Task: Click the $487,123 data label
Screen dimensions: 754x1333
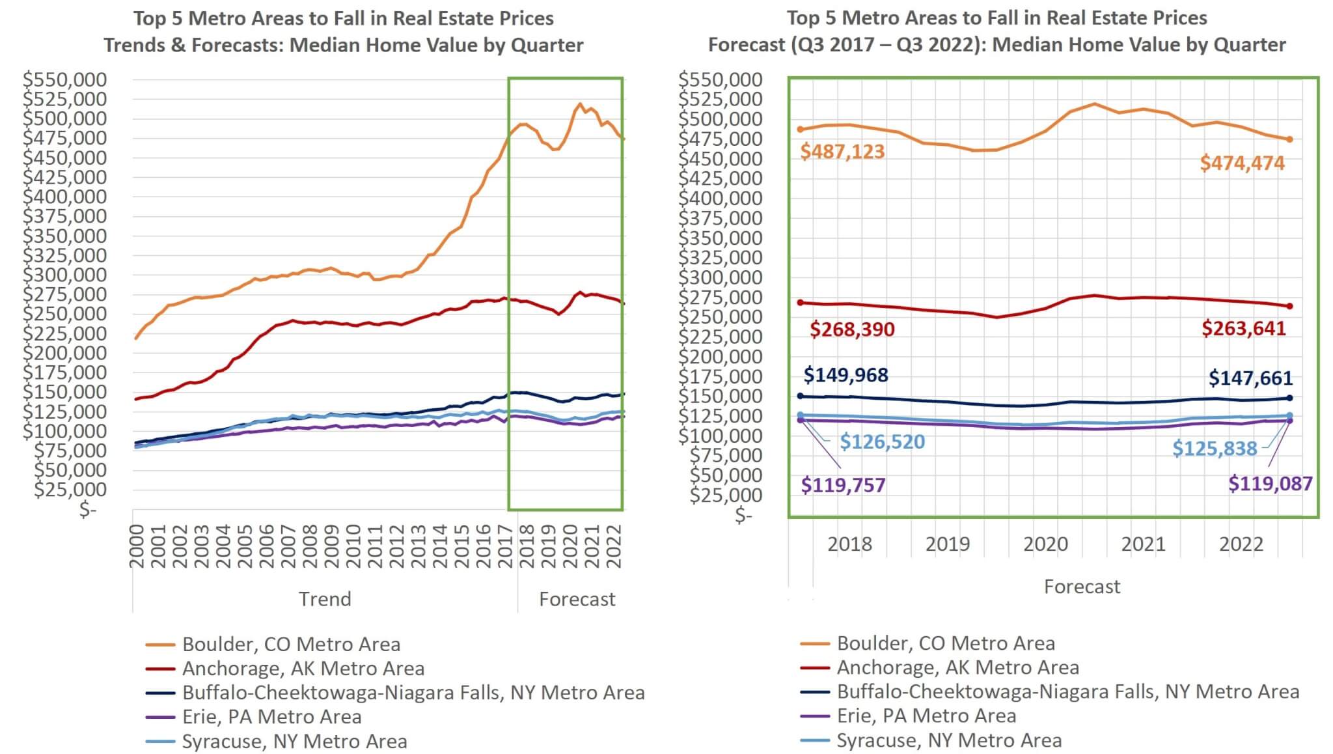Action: pyautogui.click(x=842, y=152)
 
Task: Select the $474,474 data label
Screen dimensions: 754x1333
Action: pyautogui.click(x=1242, y=163)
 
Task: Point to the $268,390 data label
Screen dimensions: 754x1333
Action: pyautogui.click(x=852, y=329)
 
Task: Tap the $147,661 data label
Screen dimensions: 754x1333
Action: pyautogui.click(x=1250, y=378)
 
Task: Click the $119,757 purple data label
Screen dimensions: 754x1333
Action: pyautogui.click(x=843, y=485)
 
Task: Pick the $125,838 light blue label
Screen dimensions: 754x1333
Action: pyautogui.click(x=1215, y=449)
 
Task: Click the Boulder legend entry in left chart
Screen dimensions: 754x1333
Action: pyautogui.click(x=291, y=644)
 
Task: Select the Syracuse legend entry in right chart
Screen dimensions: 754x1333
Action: pyautogui.click(x=949, y=740)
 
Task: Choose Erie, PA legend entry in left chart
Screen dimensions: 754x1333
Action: pyautogui.click(x=271, y=717)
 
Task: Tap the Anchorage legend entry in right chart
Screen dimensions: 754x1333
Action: pyautogui.click(x=957, y=667)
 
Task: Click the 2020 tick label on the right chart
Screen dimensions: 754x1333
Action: pyautogui.click(x=1045, y=544)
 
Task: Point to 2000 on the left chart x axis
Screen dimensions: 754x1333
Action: pyautogui.click(x=137, y=546)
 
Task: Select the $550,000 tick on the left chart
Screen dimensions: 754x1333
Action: pyautogui.click(x=64, y=79)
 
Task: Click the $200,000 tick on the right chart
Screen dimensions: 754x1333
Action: pyautogui.click(x=720, y=357)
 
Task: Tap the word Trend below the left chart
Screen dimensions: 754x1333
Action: pyautogui.click(x=325, y=599)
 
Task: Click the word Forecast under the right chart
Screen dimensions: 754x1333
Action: pyautogui.click(x=1082, y=587)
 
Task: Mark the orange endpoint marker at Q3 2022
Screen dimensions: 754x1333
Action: pyautogui.click(x=1289, y=139)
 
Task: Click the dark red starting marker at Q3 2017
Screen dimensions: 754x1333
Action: pyautogui.click(x=801, y=303)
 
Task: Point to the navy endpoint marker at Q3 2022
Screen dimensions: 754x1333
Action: pyautogui.click(x=1289, y=398)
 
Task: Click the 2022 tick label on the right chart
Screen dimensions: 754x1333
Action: pyautogui.click(x=1241, y=544)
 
